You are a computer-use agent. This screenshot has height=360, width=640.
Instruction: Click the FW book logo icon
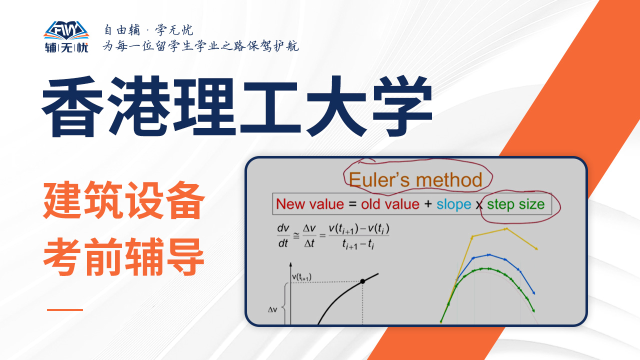tap(66, 30)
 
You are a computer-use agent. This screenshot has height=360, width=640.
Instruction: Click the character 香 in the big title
tap(72, 106)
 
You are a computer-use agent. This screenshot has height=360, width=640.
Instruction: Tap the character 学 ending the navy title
tap(402, 106)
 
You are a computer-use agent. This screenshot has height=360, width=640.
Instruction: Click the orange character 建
tap(63, 200)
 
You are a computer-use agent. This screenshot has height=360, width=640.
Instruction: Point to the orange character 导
tap(184, 256)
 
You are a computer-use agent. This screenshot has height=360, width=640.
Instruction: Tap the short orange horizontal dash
tap(65, 309)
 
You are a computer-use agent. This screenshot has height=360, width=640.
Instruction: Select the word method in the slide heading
tap(449, 180)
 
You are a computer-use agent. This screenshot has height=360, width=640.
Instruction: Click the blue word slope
tap(453, 204)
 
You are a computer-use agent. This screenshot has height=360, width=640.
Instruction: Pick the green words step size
tap(515, 204)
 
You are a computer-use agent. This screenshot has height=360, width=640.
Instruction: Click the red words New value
tap(310, 204)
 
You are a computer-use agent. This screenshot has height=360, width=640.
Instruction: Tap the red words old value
tap(390, 204)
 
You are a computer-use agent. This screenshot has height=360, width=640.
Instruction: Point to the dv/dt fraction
tap(283, 235)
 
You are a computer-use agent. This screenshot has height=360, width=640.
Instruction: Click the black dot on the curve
tap(362, 281)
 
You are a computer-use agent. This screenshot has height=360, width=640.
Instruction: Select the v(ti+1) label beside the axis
tap(301, 277)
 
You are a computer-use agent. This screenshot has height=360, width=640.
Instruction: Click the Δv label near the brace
tap(272, 309)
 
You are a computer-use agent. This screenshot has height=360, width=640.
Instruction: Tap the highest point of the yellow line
tap(506, 229)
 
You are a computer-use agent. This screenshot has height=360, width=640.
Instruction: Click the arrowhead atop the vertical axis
tap(290, 265)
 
